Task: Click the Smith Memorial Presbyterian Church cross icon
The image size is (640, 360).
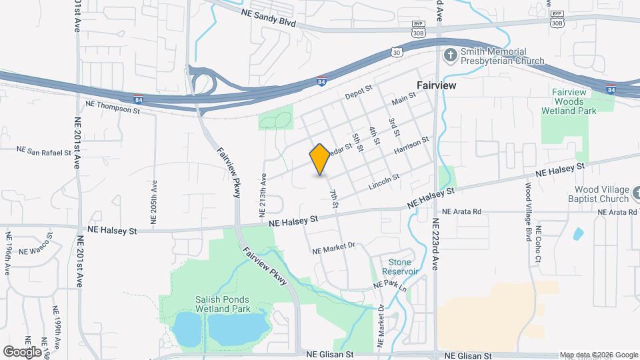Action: (451, 56)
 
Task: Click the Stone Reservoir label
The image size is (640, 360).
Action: (400, 267)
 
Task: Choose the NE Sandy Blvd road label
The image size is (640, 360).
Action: (267, 17)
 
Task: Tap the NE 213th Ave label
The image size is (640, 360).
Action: (263, 194)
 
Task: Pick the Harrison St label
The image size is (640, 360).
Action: (410, 147)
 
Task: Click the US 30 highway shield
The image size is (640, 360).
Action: (397, 51)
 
